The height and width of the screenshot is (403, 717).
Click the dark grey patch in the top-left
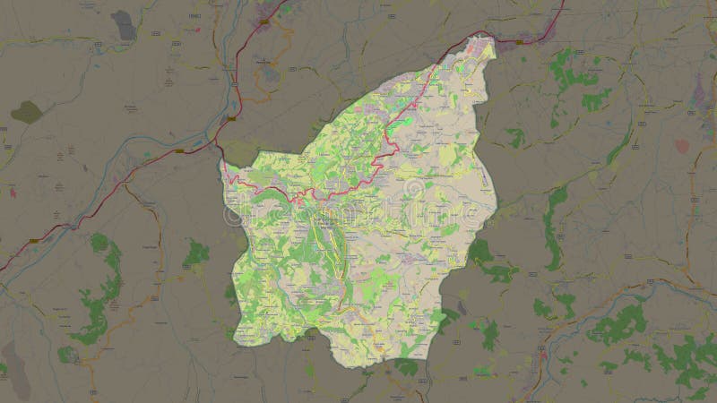click(x=124, y=26)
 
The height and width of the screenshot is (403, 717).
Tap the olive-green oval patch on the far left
click(x=26, y=112)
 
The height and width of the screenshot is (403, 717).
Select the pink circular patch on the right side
click(x=683, y=145)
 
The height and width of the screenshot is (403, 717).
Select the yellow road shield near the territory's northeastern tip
click(x=518, y=41)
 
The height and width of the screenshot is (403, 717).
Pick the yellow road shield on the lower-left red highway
click(x=34, y=240)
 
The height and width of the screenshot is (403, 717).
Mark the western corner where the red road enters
click(x=224, y=167)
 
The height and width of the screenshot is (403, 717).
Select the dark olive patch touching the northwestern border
click(x=238, y=152)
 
